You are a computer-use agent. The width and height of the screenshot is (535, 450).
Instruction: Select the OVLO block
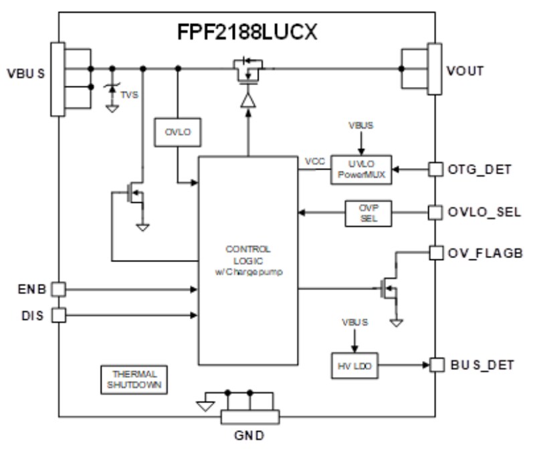point(177,132)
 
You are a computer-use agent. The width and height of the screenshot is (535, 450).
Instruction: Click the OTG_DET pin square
point(435,170)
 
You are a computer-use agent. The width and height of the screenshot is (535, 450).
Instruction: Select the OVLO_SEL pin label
point(484,213)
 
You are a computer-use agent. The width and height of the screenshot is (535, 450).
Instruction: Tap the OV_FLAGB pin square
point(435,253)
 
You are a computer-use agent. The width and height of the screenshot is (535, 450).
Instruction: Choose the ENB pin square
point(59,289)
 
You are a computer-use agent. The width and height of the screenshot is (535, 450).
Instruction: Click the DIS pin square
point(59,314)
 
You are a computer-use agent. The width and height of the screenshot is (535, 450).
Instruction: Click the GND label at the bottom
point(249,436)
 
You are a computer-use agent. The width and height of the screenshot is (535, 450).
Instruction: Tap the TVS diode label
point(129,95)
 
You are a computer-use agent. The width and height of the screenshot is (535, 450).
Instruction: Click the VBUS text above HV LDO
point(354,322)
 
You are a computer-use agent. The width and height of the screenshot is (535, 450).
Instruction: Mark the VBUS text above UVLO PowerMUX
point(360,125)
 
